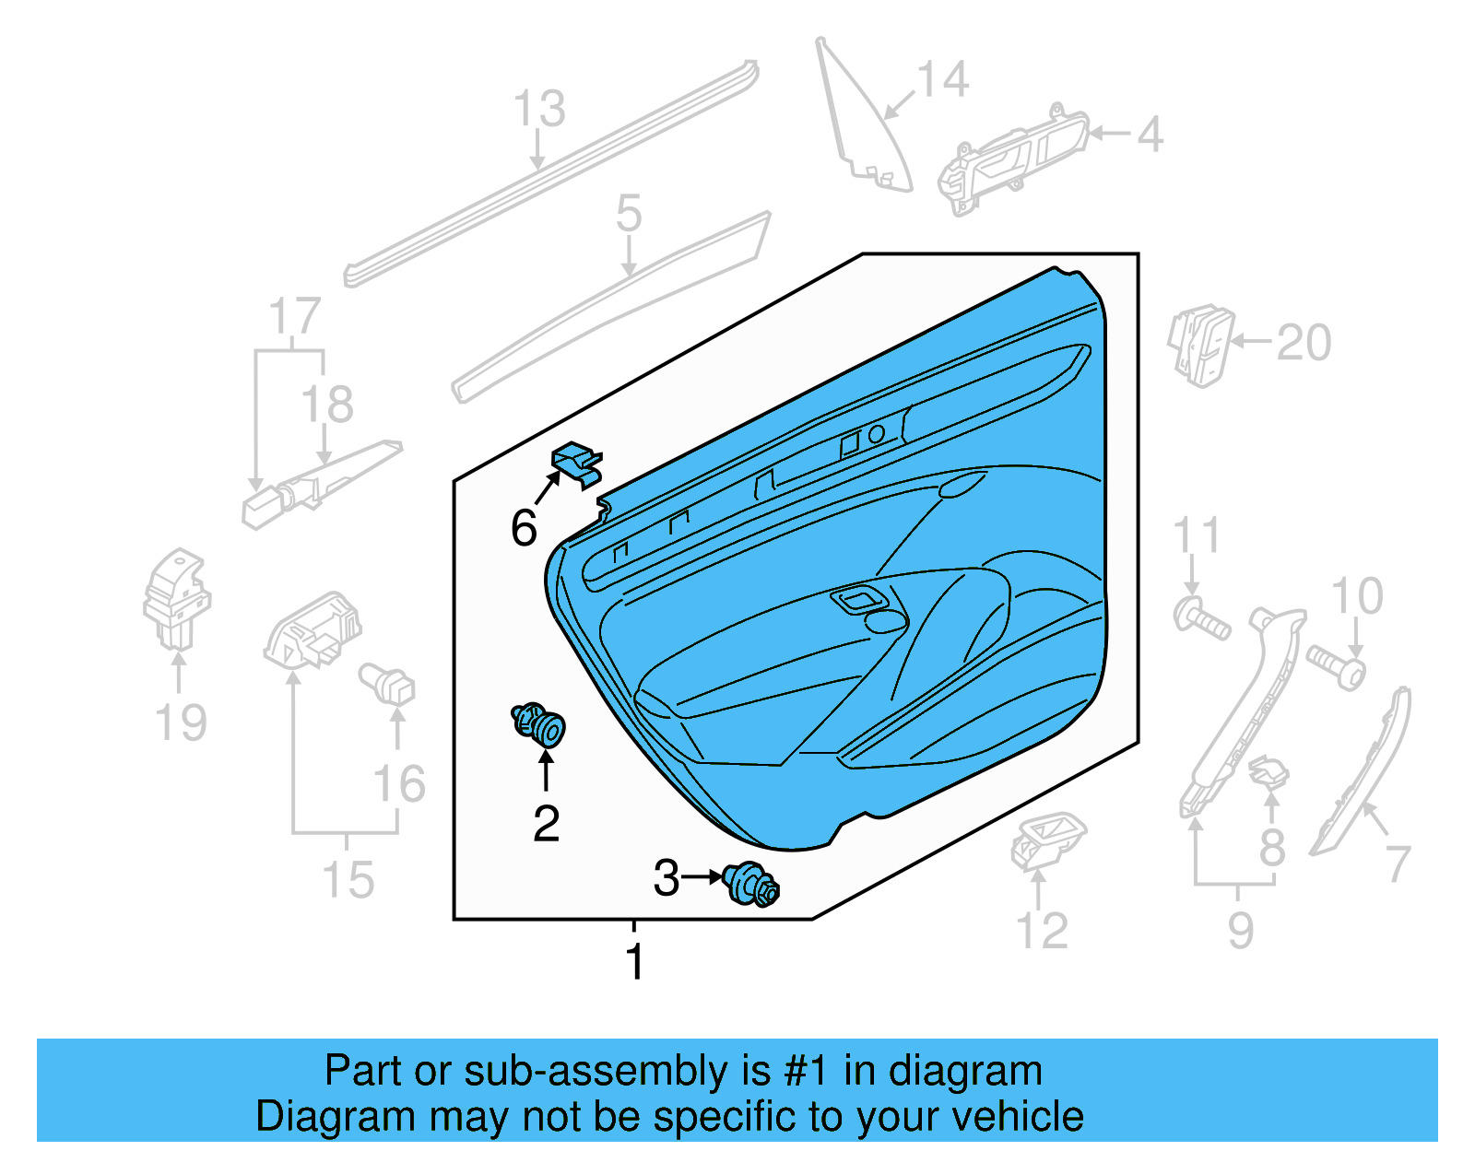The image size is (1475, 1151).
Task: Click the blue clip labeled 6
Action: pyautogui.click(x=577, y=464)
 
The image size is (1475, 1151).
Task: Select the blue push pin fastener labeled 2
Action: pyautogui.click(x=539, y=724)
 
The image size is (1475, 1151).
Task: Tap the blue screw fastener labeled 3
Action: pyautogui.click(x=752, y=885)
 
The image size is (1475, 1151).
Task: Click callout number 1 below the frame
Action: pyautogui.click(x=634, y=962)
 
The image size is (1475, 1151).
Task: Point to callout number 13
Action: pyautogui.click(x=538, y=109)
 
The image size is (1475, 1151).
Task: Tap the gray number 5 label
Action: pyautogui.click(x=629, y=214)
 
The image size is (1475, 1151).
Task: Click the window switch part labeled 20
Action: pyautogui.click(x=1199, y=344)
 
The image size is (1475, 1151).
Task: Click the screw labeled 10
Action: pyautogui.click(x=1336, y=667)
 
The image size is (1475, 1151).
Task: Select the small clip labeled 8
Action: pyautogui.click(x=1269, y=772)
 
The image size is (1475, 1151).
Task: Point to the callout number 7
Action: pyautogui.click(x=1398, y=863)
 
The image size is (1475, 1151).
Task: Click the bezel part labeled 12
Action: pyautogui.click(x=1047, y=839)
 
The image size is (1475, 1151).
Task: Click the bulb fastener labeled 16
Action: pyautogui.click(x=388, y=684)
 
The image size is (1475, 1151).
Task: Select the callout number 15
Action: pyautogui.click(x=348, y=880)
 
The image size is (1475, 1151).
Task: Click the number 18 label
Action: pyautogui.click(x=326, y=405)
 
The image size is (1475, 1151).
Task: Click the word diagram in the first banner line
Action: pyautogui.click(x=965, y=1071)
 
